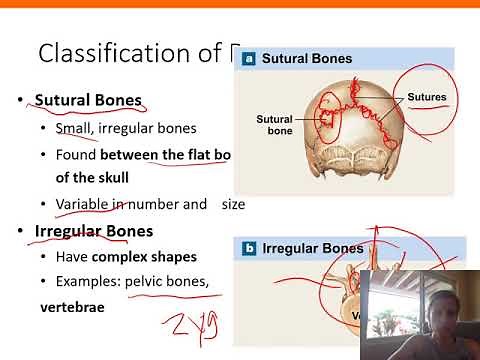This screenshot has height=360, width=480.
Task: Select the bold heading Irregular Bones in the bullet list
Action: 93,232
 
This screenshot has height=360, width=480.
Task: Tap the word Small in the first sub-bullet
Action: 74,128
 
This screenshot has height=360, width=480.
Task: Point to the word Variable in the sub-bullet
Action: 83,204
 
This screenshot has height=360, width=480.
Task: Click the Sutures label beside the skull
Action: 432,98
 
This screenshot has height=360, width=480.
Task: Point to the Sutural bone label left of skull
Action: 273,125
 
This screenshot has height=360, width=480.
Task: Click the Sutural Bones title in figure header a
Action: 308,59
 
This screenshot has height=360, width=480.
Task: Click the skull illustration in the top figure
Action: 350,130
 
